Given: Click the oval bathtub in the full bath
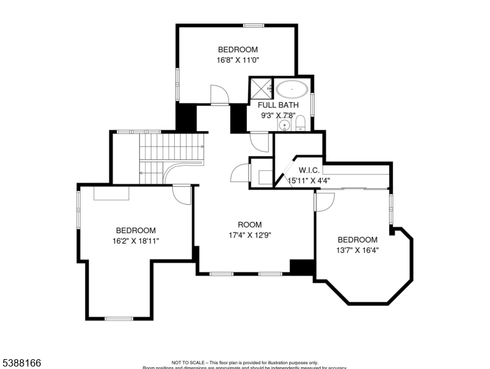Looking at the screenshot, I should [x=292, y=89].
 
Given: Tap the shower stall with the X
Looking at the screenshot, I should [x=260, y=89].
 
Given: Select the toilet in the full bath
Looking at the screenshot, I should [x=300, y=125].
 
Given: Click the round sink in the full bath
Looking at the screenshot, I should [x=284, y=125].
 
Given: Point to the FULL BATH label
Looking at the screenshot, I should [x=278, y=105].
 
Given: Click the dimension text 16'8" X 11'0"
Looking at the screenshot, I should [x=238, y=60].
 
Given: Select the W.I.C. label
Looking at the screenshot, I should [x=309, y=170].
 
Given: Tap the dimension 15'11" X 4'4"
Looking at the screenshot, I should [x=309, y=181].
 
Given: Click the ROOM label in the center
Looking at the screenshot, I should [x=250, y=224].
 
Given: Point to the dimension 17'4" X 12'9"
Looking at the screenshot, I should [x=250, y=235].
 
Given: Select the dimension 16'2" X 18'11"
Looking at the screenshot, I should [x=135, y=241].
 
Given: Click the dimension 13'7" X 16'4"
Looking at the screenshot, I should [x=357, y=250].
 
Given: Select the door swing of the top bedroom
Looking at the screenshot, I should [x=219, y=95].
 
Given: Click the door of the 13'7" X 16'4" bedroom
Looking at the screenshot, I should [x=325, y=202].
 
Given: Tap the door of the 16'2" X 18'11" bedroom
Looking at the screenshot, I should [x=182, y=194].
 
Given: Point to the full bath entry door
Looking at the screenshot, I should [x=259, y=142].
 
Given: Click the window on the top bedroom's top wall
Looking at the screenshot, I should [x=253, y=25].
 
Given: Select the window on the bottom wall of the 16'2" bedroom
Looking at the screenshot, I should [x=119, y=319].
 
